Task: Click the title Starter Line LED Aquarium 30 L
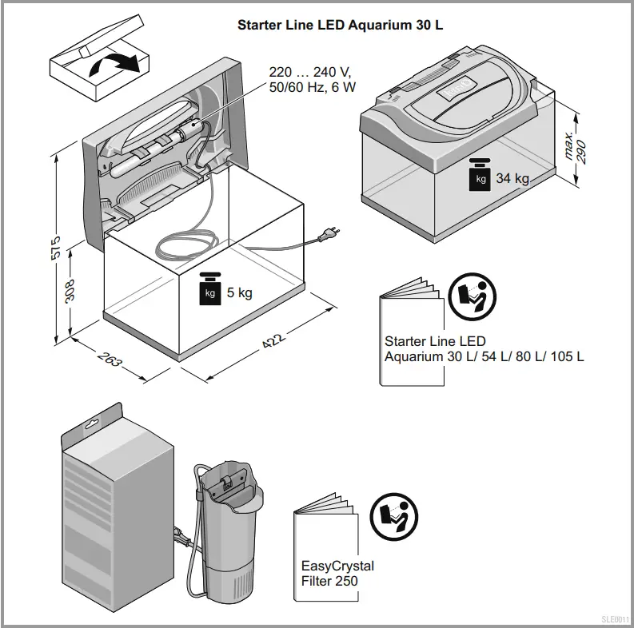click(x=341, y=25)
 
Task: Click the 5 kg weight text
click(x=239, y=292)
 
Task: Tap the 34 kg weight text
click(x=512, y=178)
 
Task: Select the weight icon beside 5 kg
click(x=209, y=290)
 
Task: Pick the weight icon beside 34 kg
click(x=480, y=175)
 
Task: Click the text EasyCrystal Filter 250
click(x=337, y=574)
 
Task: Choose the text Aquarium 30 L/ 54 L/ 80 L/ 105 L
click(x=484, y=356)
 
